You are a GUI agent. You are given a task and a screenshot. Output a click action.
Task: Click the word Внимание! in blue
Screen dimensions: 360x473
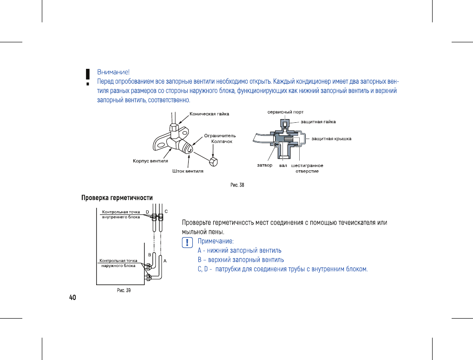[113, 72]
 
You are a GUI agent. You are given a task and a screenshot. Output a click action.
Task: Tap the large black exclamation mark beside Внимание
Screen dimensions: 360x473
[87, 77]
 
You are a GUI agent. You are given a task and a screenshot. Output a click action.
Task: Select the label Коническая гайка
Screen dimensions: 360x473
[209, 113]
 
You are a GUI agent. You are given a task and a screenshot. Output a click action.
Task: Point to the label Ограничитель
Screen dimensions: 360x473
[220, 136]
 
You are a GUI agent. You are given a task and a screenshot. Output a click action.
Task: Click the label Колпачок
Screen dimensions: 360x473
[222, 141]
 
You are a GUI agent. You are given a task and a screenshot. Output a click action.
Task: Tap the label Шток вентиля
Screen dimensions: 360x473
[185, 171]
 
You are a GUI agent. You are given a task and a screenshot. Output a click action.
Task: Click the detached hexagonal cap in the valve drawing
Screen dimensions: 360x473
[214, 162]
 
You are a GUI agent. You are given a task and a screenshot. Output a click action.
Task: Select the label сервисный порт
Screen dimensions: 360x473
[285, 112]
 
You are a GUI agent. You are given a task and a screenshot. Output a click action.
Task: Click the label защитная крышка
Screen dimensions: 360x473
[331, 139]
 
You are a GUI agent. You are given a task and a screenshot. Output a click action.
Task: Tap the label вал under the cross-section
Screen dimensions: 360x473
[283, 166]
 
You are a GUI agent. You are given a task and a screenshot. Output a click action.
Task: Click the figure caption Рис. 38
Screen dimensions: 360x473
[237, 185]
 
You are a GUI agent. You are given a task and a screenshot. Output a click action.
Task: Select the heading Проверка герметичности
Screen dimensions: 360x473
[117, 198]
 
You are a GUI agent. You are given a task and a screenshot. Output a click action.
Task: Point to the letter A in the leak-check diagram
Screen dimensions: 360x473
[165, 261]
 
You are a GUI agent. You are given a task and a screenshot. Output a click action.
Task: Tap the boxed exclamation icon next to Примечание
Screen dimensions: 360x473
[187, 242]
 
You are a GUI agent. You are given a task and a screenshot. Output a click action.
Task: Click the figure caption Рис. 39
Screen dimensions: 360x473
[123, 291]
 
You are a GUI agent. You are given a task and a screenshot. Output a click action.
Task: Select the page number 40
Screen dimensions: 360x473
[72, 298]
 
